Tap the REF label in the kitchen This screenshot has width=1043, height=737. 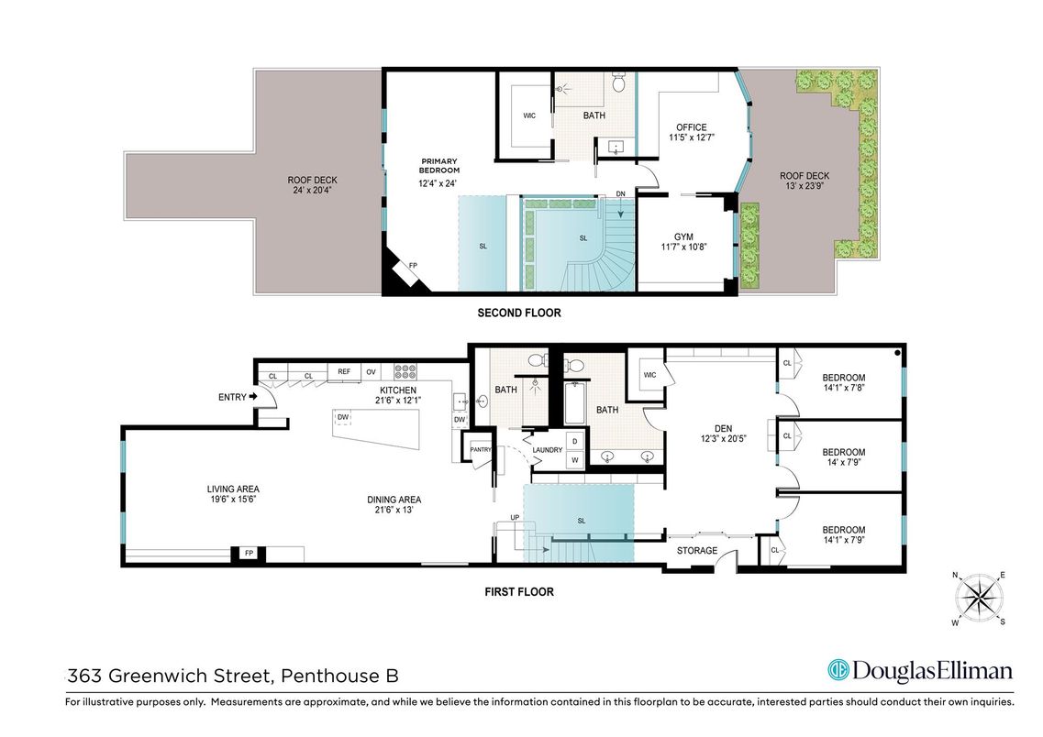[344, 371]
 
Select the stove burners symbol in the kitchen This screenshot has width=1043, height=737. [405, 371]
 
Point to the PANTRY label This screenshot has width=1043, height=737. [480, 449]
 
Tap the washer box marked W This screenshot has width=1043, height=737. [574, 460]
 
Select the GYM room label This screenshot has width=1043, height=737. [683, 236]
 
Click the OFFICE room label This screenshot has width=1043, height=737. [691, 127]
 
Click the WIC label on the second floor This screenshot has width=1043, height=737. [529, 115]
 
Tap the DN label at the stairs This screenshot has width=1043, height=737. [620, 194]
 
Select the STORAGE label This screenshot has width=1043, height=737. [697, 551]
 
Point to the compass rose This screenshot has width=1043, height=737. [980, 597]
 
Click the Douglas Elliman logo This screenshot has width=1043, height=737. [920, 670]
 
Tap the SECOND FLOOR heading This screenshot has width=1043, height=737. [518, 313]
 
